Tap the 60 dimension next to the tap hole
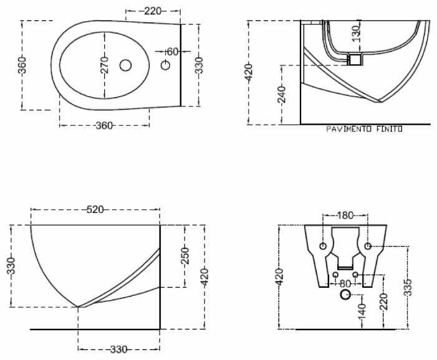coord(173,51)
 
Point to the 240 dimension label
coord(282,95)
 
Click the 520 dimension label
coord(95,210)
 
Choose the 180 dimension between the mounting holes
coord(345,216)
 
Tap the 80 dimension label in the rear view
coord(345,283)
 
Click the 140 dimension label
coord(362,309)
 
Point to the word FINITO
coord(388,130)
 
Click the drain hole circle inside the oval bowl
coord(125,65)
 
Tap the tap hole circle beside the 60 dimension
coord(166,65)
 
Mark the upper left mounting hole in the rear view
coord(323,247)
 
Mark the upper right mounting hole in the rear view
coord(368,247)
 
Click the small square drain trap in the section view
coord(355,59)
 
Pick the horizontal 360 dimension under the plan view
coord(104,126)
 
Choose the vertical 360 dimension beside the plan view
coord(22,65)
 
